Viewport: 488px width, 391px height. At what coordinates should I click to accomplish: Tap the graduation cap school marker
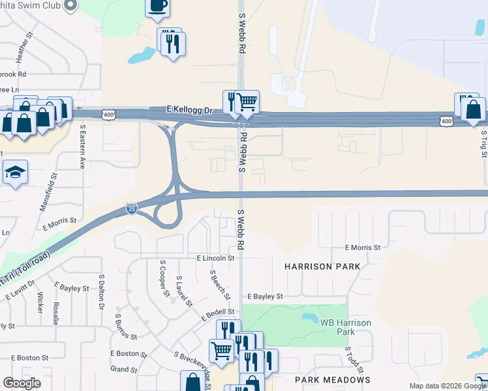(x=14, y=172)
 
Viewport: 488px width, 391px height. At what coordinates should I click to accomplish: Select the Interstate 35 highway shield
(x=131, y=209)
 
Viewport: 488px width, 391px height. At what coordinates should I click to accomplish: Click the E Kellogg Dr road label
(x=190, y=109)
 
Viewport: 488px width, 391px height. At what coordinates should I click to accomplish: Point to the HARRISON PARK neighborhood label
(x=322, y=267)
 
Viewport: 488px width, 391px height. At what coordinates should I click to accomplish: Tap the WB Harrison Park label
(x=345, y=327)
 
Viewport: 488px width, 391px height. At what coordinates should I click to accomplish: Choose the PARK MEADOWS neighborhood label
(x=332, y=379)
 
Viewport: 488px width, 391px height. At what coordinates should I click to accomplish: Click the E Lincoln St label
(x=215, y=258)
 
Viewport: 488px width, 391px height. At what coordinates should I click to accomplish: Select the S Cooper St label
(x=164, y=278)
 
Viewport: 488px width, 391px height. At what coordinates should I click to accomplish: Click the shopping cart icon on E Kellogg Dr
(x=247, y=102)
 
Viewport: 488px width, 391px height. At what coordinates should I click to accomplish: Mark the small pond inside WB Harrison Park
(x=309, y=319)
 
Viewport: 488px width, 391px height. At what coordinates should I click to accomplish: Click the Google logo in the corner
(x=22, y=383)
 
